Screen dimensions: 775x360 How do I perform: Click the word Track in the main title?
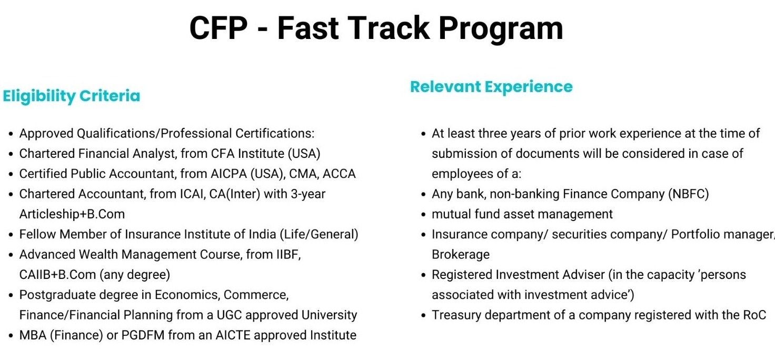tap(389, 28)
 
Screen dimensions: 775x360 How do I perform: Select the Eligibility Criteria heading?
tap(72, 96)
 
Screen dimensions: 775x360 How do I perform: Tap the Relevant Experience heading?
tap(491, 87)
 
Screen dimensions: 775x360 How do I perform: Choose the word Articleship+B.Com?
tap(72, 214)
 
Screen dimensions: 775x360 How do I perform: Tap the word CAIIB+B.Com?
tap(57, 275)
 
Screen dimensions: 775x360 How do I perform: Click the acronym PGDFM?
tap(143, 335)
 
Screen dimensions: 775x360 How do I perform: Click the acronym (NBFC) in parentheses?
tap(689, 194)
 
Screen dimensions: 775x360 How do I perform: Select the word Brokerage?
tap(461, 255)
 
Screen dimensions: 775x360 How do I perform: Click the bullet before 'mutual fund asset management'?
tap(423, 215)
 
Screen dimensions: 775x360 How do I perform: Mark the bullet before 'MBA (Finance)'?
tap(11, 336)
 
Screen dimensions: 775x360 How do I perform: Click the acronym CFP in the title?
tap(218, 28)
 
